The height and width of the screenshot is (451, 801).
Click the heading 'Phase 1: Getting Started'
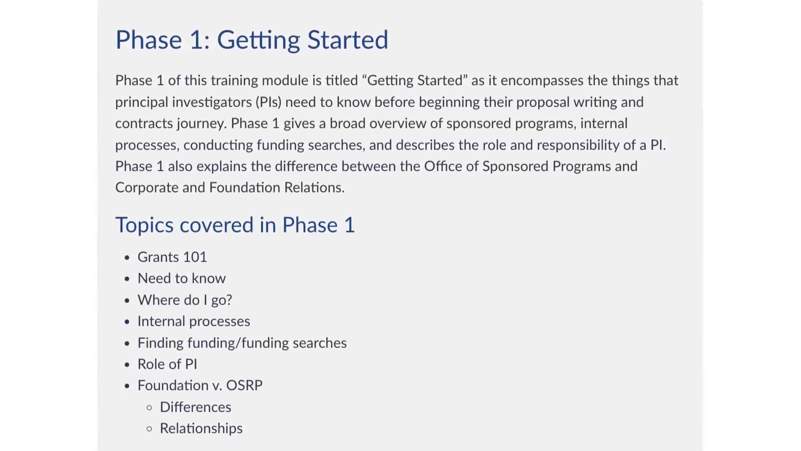(252, 40)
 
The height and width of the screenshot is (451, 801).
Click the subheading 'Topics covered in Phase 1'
(235, 225)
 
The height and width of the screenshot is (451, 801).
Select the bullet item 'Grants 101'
(172, 257)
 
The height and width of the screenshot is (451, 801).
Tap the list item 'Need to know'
(181, 278)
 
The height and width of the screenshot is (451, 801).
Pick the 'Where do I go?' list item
(185, 300)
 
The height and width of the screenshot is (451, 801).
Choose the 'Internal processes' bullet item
(194, 321)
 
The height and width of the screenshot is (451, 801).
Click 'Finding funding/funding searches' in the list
(242, 343)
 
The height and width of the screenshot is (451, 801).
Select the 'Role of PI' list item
(167, 364)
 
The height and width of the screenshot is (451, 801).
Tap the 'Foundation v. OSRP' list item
(200, 385)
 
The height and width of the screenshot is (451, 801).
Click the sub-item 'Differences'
(195, 407)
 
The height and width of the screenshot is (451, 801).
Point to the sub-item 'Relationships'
(201, 428)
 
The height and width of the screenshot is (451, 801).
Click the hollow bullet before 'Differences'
(149, 408)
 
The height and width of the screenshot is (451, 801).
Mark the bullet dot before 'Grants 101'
(127, 257)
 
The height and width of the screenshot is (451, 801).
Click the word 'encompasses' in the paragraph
(542, 81)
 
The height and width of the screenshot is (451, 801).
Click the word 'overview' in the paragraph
(398, 124)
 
